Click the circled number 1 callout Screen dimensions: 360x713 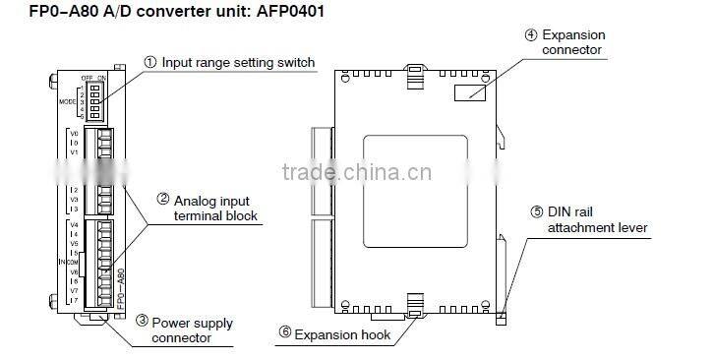(150, 63)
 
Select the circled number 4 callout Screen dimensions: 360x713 (530, 35)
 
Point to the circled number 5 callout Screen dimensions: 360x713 (537, 211)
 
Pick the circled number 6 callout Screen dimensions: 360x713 (285, 334)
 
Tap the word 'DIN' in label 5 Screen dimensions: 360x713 (560, 211)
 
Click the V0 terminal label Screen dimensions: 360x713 (74, 134)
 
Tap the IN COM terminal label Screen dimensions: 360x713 (68, 261)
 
